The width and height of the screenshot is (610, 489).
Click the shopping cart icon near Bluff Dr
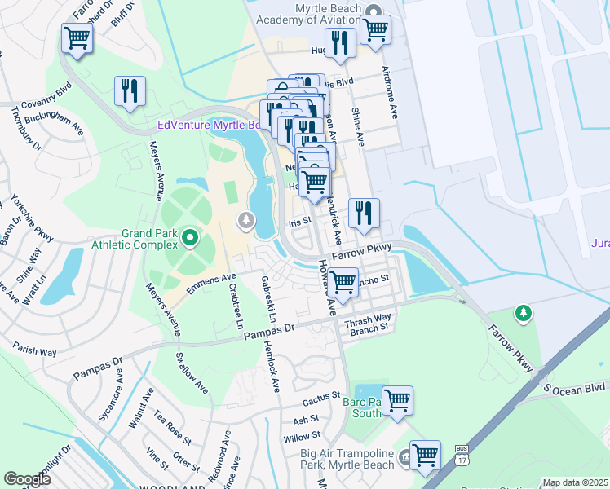[x=77, y=37]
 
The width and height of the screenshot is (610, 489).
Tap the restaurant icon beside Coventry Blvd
[x=130, y=91]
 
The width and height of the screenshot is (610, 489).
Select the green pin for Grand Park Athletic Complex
[x=190, y=239]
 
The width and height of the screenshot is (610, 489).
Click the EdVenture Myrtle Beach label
[x=209, y=126]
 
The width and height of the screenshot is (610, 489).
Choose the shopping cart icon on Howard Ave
[x=343, y=282]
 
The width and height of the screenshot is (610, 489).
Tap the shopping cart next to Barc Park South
[x=397, y=400]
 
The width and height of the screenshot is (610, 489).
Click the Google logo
[x=28, y=479]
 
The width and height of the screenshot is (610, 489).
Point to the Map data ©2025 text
[x=574, y=482]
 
